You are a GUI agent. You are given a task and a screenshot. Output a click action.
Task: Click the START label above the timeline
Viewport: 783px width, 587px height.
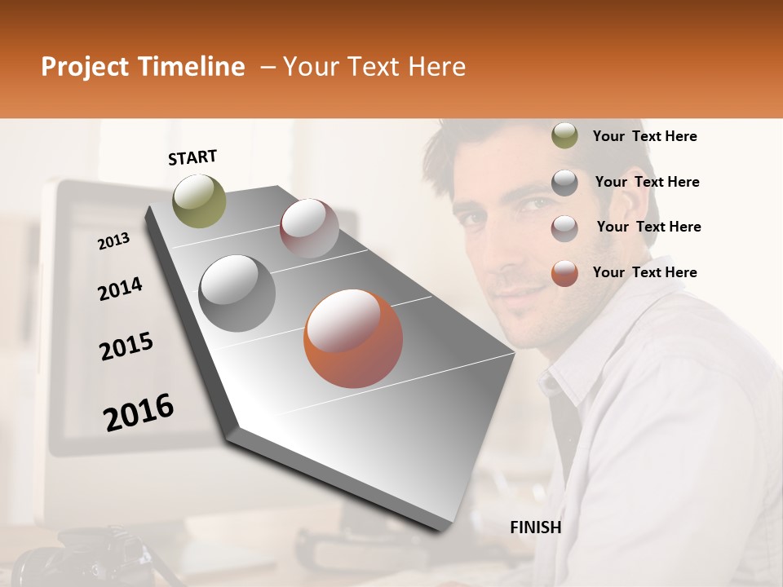tap(192, 157)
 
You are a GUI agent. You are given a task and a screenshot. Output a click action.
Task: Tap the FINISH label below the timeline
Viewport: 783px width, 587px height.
tap(536, 527)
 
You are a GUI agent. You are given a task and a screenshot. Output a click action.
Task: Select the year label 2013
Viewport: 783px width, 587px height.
tap(113, 241)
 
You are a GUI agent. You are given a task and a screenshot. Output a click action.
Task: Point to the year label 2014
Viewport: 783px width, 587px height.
tap(120, 289)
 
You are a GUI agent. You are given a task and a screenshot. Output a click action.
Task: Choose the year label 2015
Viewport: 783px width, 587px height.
tap(126, 346)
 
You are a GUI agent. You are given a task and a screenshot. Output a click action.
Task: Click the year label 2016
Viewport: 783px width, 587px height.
tap(139, 413)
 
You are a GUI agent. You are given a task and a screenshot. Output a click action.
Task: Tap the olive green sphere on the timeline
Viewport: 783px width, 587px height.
tap(200, 201)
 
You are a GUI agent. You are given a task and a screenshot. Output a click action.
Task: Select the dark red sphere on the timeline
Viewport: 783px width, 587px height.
tap(309, 228)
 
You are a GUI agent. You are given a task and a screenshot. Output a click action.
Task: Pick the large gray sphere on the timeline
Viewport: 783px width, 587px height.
tap(237, 293)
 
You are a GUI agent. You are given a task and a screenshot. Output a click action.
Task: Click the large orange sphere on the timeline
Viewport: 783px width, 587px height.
tap(353, 338)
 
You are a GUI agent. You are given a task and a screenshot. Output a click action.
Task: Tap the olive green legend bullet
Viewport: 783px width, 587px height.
tap(564, 136)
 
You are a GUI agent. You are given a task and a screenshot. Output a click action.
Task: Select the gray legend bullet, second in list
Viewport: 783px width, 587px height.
tap(564, 182)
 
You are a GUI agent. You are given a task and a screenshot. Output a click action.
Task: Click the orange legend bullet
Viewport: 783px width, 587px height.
tap(564, 272)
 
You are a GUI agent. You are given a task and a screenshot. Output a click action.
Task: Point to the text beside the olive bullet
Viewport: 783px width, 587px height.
tap(644, 136)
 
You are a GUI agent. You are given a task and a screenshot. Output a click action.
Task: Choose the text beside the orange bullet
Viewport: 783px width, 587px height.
tap(644, 272)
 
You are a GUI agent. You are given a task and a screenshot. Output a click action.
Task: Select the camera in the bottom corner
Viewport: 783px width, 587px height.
tap(57, 563)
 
